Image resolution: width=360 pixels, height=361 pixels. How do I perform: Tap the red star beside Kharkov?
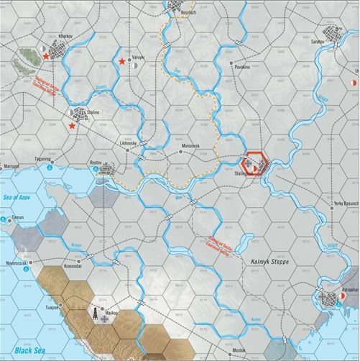point(46,55)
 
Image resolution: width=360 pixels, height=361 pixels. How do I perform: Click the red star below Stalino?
point(72,126)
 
